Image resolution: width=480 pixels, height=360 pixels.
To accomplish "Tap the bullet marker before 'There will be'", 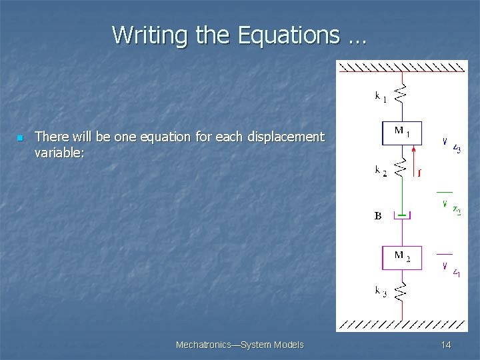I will coord(19,138).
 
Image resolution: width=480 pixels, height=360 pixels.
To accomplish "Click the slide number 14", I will coord(446,345).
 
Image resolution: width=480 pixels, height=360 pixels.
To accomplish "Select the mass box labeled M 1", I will coord(401,133).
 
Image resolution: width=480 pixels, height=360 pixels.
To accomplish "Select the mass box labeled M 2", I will coord(401,258).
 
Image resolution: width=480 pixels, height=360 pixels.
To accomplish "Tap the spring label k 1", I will coord(380,97).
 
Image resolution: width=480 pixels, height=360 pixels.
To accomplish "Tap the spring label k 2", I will coord(380,171).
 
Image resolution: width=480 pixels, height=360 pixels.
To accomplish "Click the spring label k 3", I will coord(380,291).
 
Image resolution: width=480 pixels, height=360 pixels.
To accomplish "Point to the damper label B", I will coord(378,216).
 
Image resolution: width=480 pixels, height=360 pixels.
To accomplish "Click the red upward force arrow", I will coord(415,163).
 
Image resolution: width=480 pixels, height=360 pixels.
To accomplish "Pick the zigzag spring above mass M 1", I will coord(401,95).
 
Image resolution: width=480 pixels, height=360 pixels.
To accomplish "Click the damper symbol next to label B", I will coord(401,215).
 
